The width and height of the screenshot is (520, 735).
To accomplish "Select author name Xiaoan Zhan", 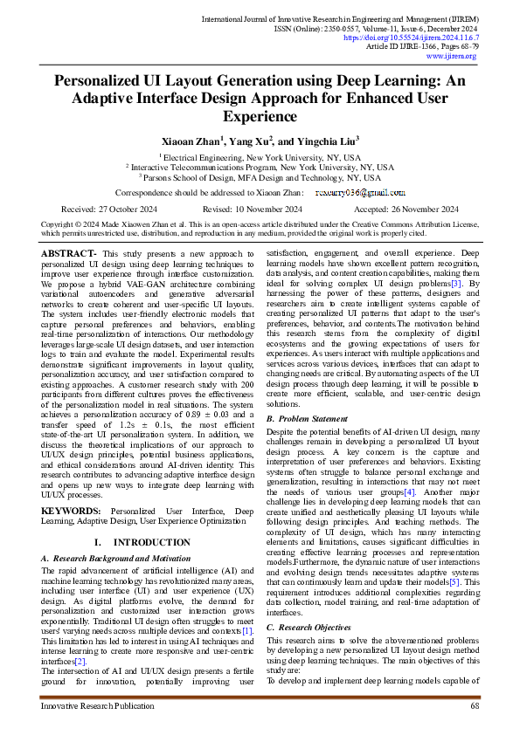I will click(190, 140).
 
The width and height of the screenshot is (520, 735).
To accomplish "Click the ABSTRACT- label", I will click(68, 252).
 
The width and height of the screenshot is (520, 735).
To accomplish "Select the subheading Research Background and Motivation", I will click(119, 558).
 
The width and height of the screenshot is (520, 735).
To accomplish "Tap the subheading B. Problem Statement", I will click(311, 419).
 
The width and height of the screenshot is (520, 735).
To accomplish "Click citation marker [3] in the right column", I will click(457, 284).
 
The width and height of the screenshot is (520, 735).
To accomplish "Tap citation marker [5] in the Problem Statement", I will click(454, 580).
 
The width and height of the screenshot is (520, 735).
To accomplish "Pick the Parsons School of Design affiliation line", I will click(260, 176).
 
